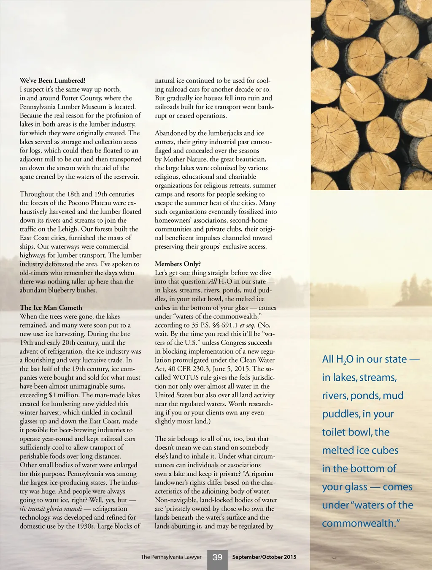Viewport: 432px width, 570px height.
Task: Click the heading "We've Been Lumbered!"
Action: [x=52, y=80]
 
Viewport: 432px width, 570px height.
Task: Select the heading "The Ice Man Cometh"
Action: [x=51, y=308]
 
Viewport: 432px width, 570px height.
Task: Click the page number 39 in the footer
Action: [x=217, y=557]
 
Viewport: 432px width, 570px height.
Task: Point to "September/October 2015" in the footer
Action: [x=264, y=557]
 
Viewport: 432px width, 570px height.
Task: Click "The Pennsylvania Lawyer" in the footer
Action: [x=171, y=557]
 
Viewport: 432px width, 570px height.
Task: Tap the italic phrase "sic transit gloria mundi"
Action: [x=51, y=509]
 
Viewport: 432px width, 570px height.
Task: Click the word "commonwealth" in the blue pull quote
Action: [x=359, y=524]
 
